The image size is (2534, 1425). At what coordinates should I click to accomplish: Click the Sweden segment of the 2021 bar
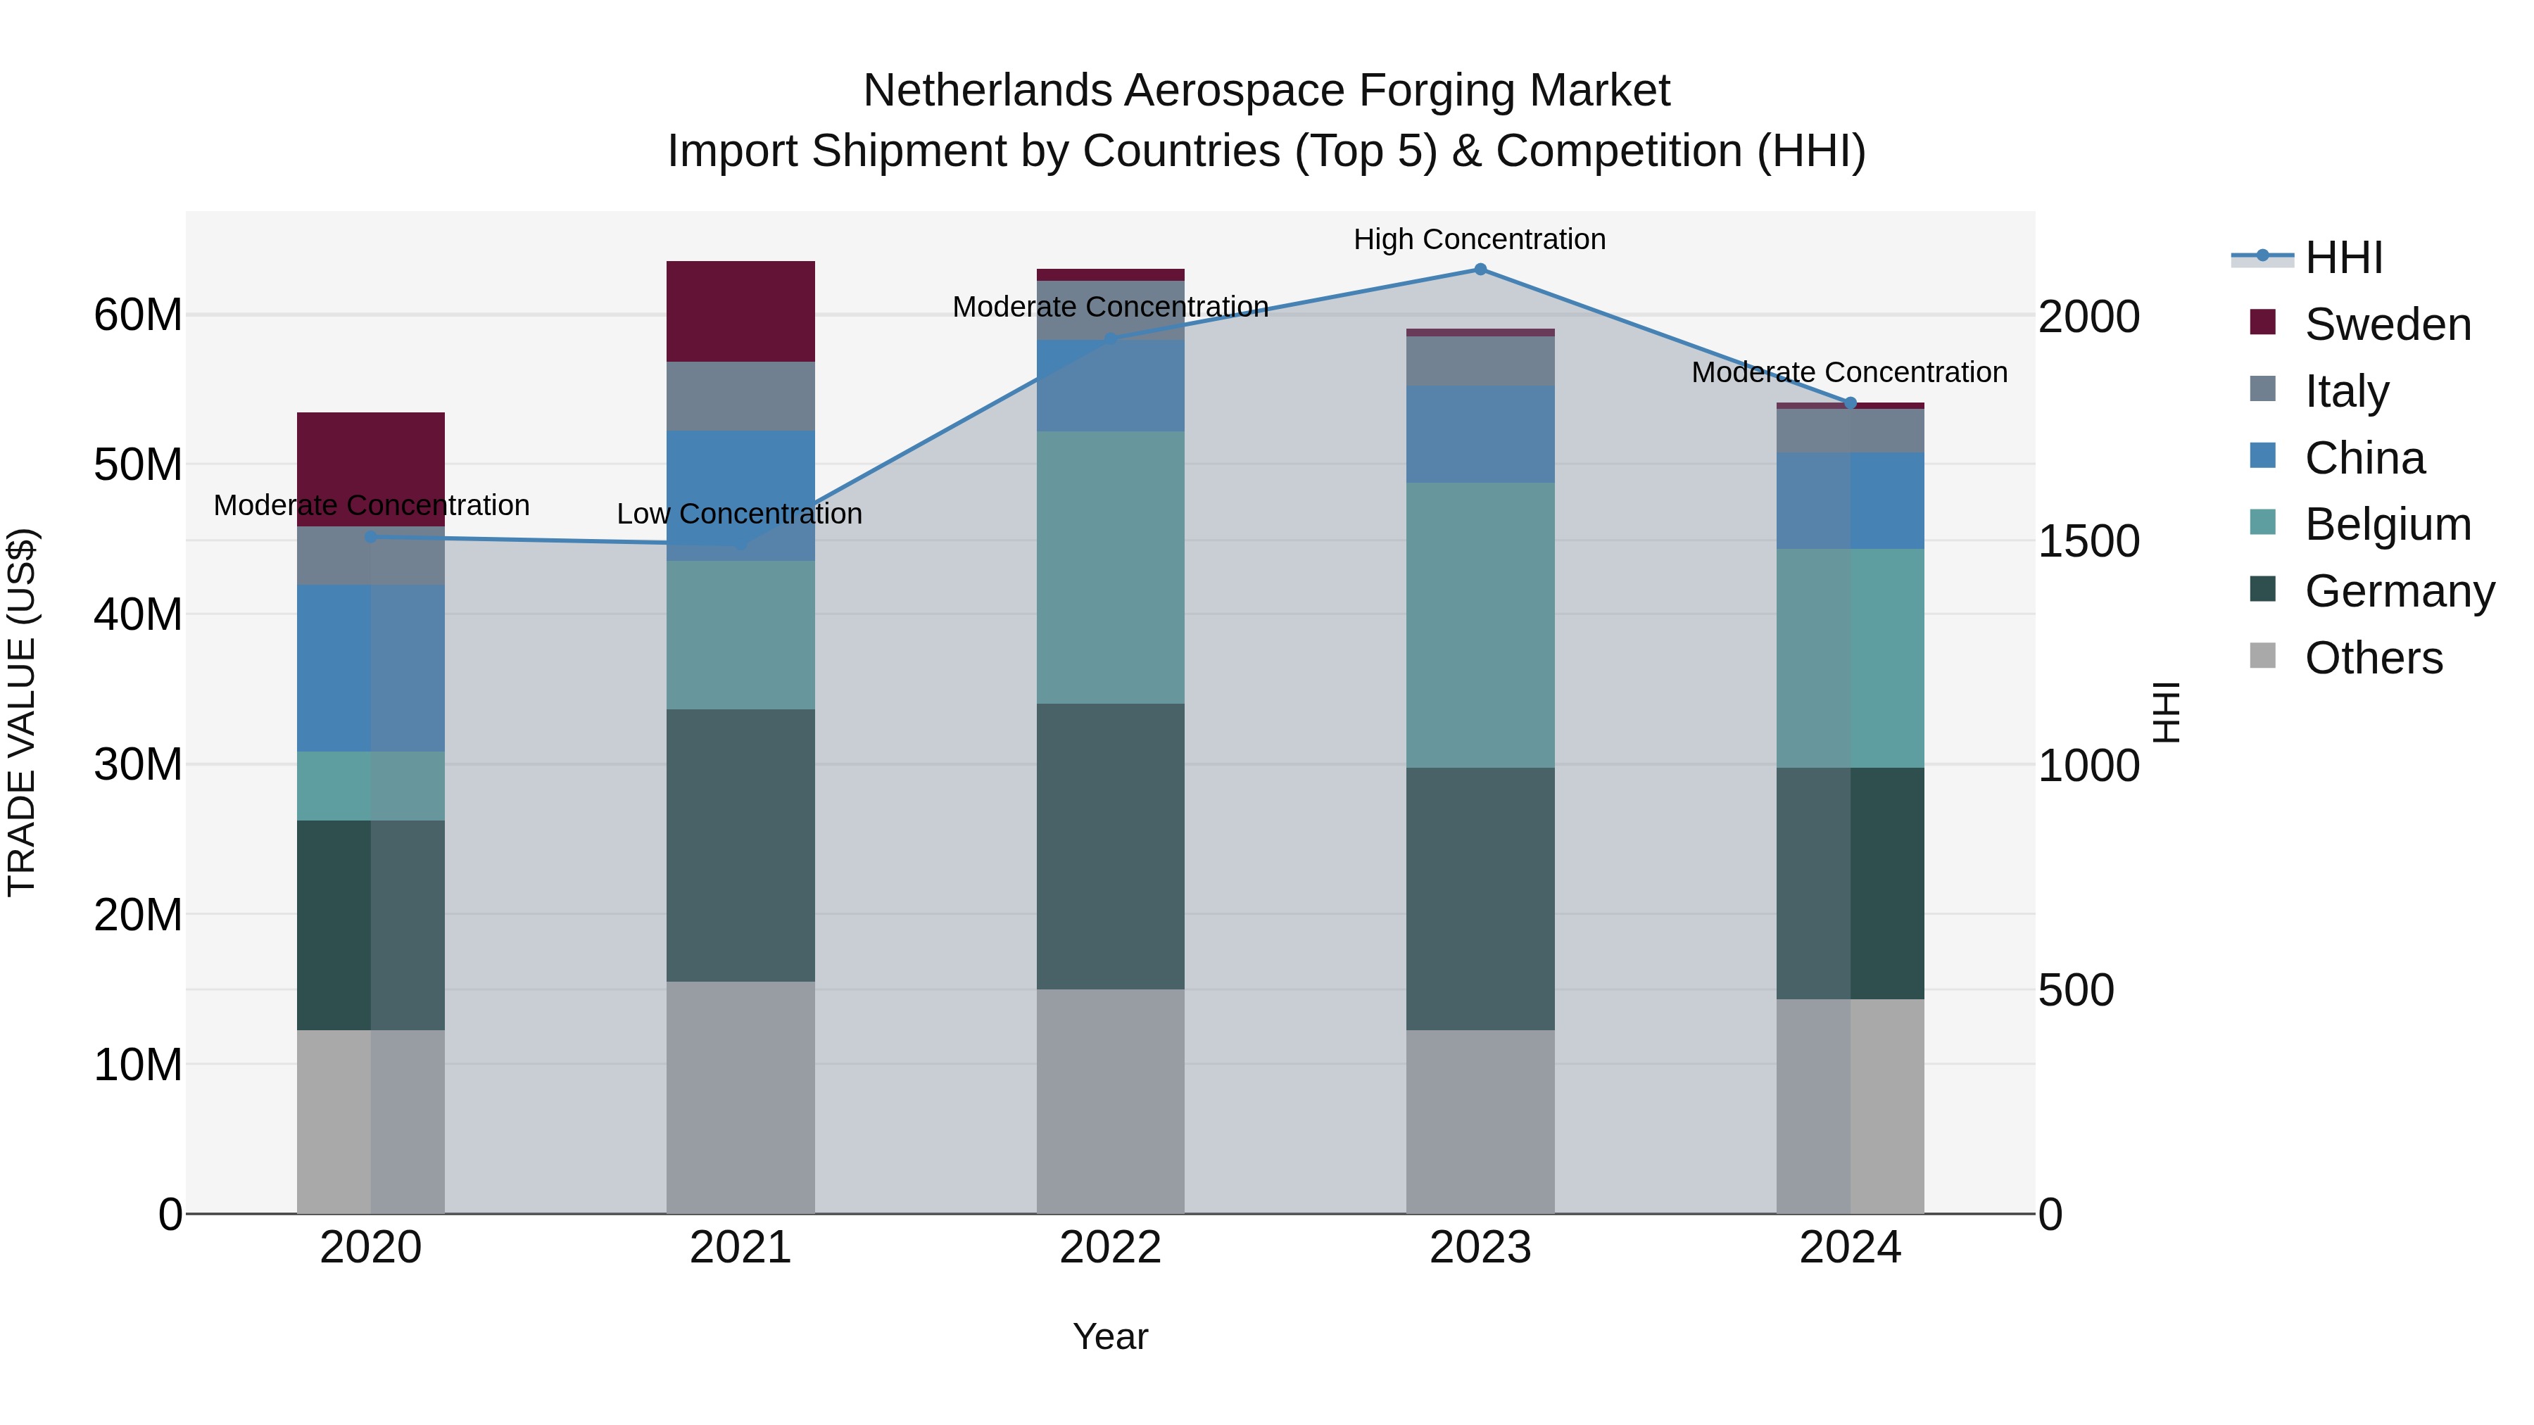pyautogui.click(x=740, y=311)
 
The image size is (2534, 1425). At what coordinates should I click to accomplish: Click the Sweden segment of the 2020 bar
pyautogui.click(x=371, y=452)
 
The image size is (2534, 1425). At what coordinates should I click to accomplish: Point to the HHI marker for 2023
pyautogui.click(x=1480, y=270)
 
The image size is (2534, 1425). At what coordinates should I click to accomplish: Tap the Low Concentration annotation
pyautogui.click(x=739, y=514)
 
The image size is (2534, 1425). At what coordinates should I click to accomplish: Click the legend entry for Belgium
pyautogui.click(x=2388, y=524)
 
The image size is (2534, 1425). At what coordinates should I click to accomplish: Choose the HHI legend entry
pyautogui.click(x=2343, y=258)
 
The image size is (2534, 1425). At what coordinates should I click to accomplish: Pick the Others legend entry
pyautogui.click(x=2373, y=658)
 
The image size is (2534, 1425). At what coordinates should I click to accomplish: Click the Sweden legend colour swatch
pyautogui.click(x=2262, y=322)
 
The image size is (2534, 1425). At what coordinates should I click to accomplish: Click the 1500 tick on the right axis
pyautogui.click(x=2088, y=541)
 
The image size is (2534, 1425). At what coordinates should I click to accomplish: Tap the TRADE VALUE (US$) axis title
pyautogui.click(x=23, y=712)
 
